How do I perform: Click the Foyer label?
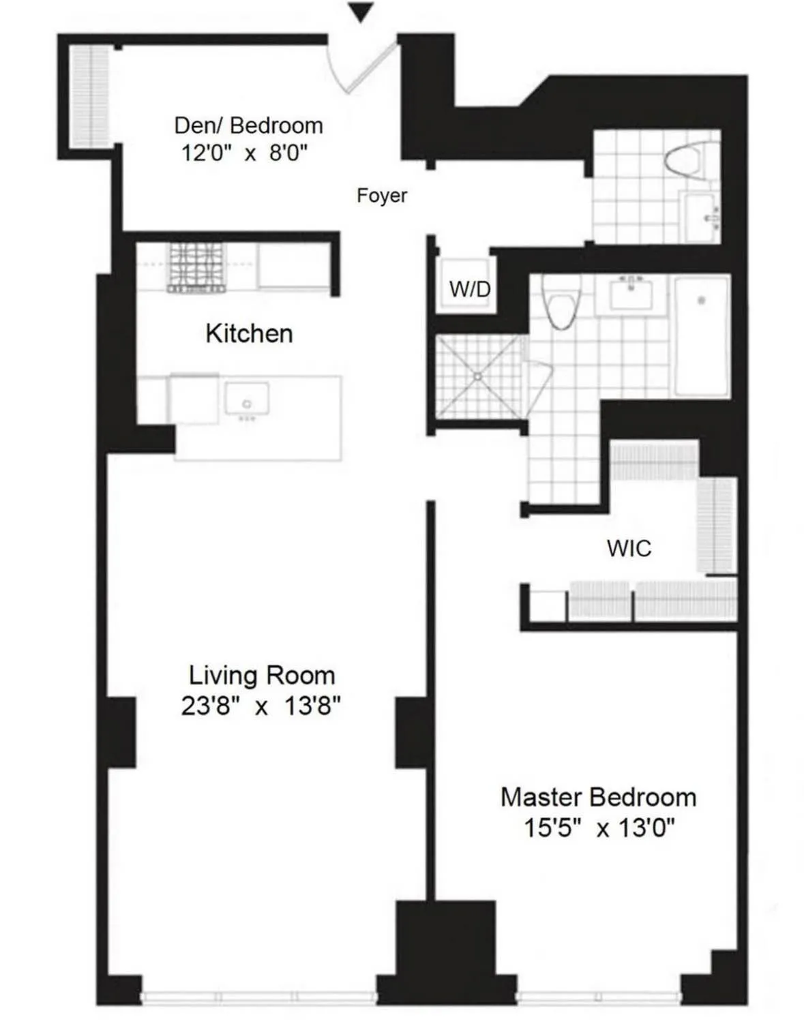pos(381,196)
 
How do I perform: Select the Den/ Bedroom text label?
pos(248,125)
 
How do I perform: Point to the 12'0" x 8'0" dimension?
pos(244,153)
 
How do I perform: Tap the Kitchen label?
pos(249,333)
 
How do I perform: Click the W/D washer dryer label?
pos(469,289)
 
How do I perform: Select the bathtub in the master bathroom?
pos(702,335)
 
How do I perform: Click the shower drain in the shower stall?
pos(478,376)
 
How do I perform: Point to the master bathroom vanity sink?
pos(631,294)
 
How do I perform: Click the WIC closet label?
pos(629,548)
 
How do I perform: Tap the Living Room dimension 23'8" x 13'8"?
pos(260,706)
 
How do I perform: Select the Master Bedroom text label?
pos(598,797)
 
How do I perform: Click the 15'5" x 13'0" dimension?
pos(598,828)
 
